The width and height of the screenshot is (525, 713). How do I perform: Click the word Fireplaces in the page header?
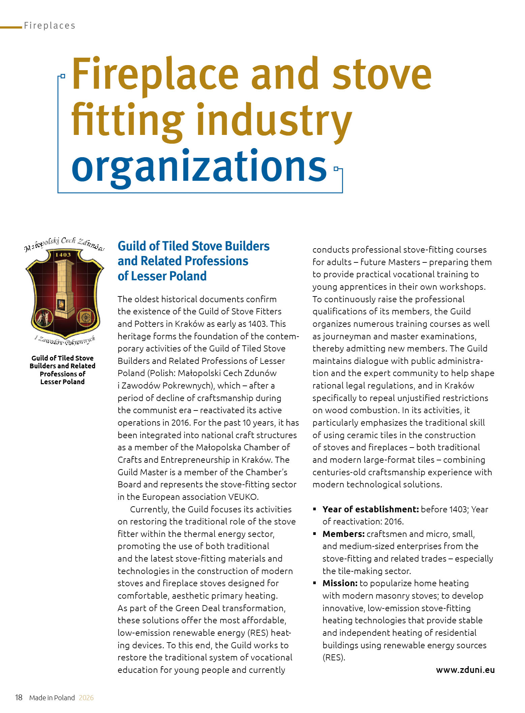(x=50, y=26)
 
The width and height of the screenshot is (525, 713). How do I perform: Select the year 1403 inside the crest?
(x=63, y=255)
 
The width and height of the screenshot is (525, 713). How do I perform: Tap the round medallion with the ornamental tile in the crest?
(x=84, y=317)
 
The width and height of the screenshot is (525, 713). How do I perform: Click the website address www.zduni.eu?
(x=465, y=670)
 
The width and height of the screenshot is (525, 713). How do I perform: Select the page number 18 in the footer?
(x=19, y=697)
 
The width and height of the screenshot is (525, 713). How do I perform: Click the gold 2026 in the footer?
(x=86, y=698)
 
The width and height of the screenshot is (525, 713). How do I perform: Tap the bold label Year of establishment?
(x=370, y=509)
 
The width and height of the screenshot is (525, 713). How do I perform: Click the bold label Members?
(x=343, y=534)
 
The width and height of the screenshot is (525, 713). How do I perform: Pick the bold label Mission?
(x=340, y=583)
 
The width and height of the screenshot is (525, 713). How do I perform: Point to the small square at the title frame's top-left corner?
(x=63, y=77)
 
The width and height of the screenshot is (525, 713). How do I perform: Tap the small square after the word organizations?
(x=336, y=168)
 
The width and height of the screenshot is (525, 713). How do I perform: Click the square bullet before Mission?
(x=315, y=583)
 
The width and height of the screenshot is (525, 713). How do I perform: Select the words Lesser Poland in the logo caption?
(x=62, y=382)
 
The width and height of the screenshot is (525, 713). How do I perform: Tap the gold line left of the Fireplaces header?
(x=11, y=27)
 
